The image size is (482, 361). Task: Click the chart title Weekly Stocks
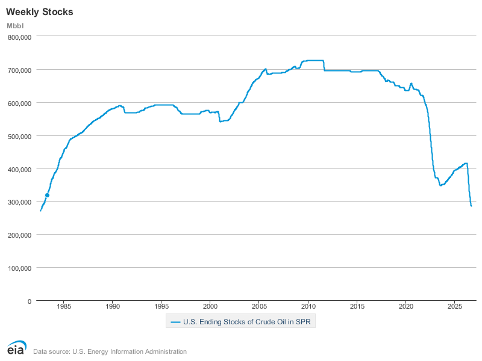point(40,12)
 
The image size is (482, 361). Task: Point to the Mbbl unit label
point(15,26)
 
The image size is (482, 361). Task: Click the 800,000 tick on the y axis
point(20,37)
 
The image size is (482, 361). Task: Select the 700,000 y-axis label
point(20,70)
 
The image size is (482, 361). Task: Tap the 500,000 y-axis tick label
point(20,137)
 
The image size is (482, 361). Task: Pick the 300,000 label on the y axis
point(20,202)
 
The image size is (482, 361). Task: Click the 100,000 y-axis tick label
point(20,268)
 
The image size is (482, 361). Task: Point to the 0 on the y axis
point(30,301)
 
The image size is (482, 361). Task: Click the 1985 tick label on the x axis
point(64,306)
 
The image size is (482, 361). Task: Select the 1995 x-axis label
point(161,306)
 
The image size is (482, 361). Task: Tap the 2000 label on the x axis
point(210,306)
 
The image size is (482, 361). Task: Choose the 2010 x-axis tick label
point(308,306)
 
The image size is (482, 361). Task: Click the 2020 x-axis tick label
point(406,306)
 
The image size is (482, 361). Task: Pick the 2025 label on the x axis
point(455,306)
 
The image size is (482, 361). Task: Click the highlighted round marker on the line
point(48,195)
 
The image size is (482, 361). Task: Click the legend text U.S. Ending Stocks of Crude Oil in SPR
point(247,322)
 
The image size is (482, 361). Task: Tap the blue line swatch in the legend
point(175,322)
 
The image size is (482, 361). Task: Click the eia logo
point(17,348)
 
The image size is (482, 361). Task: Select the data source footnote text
point(110,351)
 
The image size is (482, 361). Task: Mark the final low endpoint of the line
point(471,206)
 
